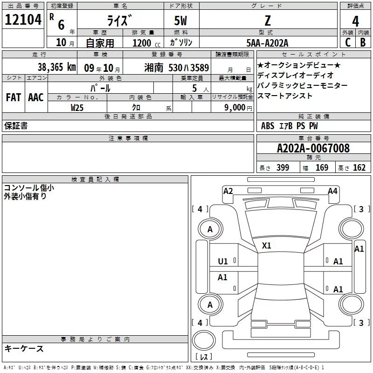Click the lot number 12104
(x=23, y=20)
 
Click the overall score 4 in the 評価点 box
(x=356, y=21)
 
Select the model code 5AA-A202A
(x=267, y=43)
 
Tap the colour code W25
(x=77, y=108)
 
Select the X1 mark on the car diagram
(x=267, y=245)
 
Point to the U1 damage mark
(x=223, y=262)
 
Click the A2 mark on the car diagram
(x=228, y=191)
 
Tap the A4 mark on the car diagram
(x=332, y=191)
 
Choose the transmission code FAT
(x=13, y=97)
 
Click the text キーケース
(x=24, y=348)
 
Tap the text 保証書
(x=16, y=126)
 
